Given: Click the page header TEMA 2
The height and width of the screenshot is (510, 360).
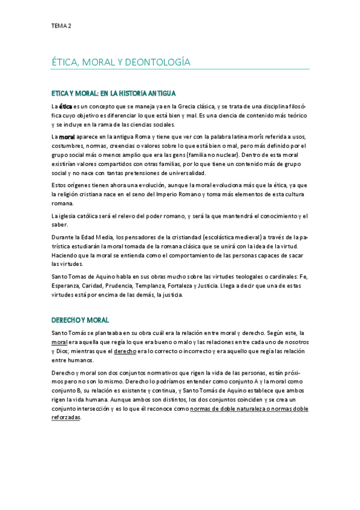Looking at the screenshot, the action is [61, 26].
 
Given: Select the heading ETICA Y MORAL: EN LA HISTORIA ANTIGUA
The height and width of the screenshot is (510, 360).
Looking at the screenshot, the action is [114, 93].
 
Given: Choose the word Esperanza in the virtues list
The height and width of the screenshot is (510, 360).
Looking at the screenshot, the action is [69, 287].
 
